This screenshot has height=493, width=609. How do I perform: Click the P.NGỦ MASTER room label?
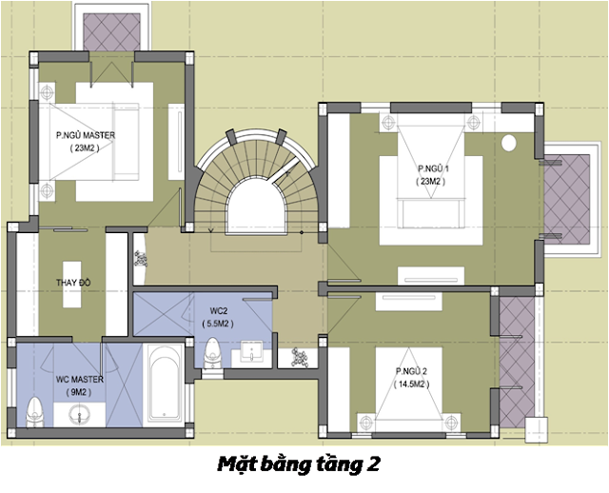coord(86,135)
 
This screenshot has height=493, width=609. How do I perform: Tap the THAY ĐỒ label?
coord(73,283)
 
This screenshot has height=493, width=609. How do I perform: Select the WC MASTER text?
coord(80,379)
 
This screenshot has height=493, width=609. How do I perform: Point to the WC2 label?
coord(218,311)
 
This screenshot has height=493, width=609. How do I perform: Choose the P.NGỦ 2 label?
coord(411,371)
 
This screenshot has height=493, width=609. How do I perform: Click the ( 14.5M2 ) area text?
coord(411,385)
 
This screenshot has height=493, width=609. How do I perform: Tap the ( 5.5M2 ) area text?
coord(218,324)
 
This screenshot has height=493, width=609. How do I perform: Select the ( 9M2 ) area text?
coord(79,392)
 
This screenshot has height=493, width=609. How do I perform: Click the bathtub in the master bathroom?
coord(165,385)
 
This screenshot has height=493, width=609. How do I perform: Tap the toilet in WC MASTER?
coord(35,412)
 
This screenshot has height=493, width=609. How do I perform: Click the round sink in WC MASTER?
coord(79,415)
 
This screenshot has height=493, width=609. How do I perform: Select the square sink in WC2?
coord(251,351)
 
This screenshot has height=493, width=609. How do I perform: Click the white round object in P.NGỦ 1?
coord(509,144)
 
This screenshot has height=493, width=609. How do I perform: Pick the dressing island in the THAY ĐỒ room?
coord(72,285)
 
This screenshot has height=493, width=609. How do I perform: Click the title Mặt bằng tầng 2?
coord(298,464)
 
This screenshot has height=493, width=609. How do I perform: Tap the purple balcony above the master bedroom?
coord(112,31)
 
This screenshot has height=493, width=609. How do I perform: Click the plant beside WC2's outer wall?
coord(300,358)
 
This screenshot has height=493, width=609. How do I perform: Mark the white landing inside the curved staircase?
coord(257,207)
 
